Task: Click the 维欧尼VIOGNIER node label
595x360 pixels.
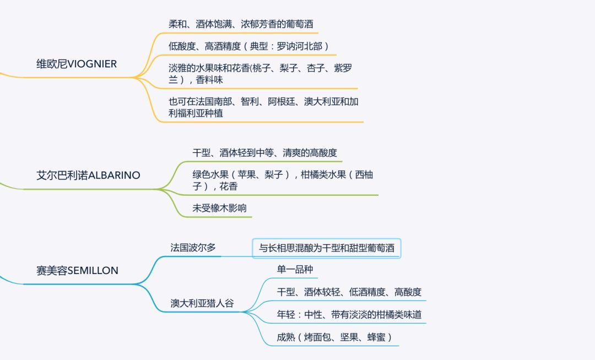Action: pyautogui.click(x=77, y=64)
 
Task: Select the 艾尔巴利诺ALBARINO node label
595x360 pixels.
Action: pyautogui.click(x=88, y=175)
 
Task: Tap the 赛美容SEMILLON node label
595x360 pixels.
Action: pyautogui.click(x=77, y=271)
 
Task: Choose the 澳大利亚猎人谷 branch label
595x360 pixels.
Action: pyautogui.click(x=202, y=303)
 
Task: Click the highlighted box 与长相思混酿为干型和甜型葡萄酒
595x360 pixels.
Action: pyautogui.click(x=327, y=248)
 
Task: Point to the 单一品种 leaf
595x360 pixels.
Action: pyautogui.click(x=295, y=270)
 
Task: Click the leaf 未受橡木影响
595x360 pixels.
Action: pyautogui.click(x=219, y=208)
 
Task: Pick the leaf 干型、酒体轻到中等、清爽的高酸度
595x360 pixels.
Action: pyautogui.click(x=264, y=153)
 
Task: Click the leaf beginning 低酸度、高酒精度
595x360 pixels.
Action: pyautogui.click(x=248, y=46)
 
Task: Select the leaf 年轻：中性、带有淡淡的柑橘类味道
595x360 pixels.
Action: pyautogui.click(x=349, y=315)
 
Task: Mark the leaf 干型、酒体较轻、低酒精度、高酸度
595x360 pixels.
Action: pyautogui.click(x=349, y=292)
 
